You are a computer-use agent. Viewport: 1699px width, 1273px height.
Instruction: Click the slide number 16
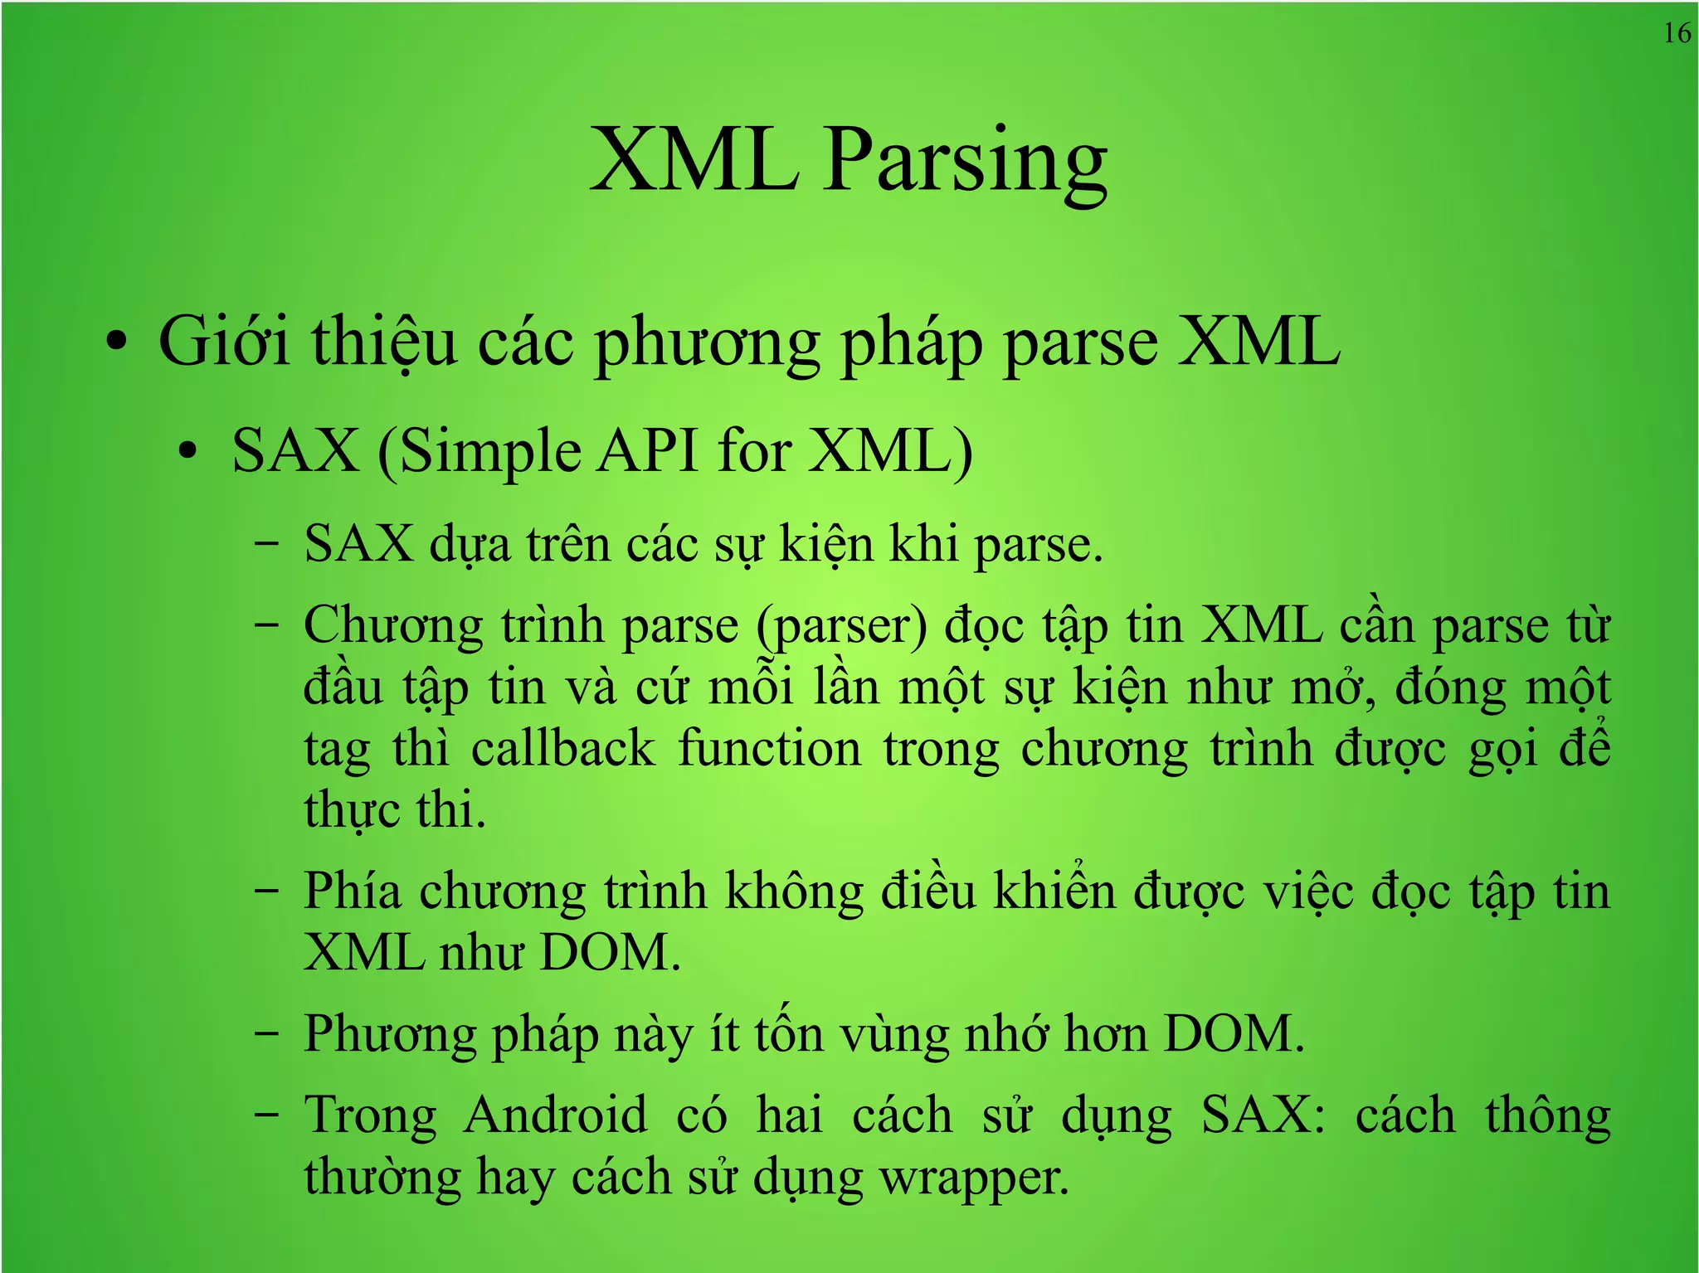tap(1677, 33)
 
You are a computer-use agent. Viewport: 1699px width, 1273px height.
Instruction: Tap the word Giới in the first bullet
tap(224, 342)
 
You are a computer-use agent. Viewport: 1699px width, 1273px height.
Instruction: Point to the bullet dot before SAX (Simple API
tap(188, 452)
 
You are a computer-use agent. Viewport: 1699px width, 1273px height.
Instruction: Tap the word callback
tap(563, 749)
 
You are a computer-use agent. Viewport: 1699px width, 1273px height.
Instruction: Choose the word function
tap(769, 749)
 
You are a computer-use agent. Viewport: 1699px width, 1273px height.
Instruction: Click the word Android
tap(555, 1115)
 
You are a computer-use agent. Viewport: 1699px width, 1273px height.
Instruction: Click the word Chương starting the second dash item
tap(393, 626)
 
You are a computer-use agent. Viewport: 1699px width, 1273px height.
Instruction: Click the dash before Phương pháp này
tap(266, 1035)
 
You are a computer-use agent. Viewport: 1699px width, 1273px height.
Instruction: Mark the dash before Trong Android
tap(266, 1115)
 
